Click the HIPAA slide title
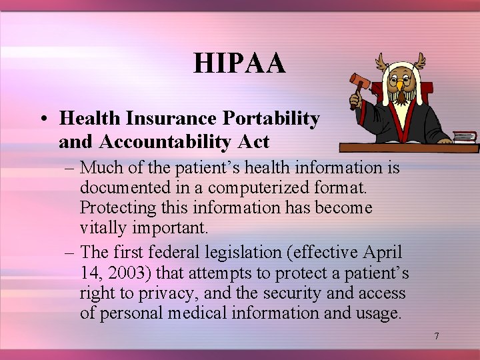[239, 64]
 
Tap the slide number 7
[437, 336]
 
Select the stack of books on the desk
[464, 137]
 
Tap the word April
[383, 253]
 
